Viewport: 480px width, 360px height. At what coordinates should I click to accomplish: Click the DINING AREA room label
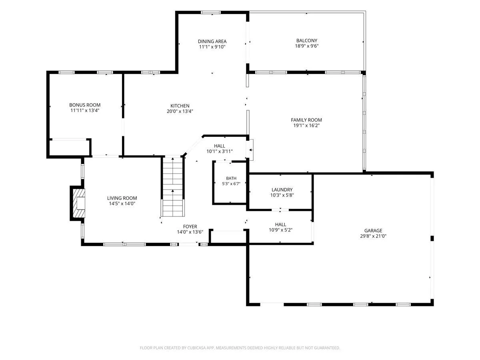[x=212, y=41]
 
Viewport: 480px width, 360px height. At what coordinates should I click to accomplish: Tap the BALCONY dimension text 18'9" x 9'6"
[x=306, y=46]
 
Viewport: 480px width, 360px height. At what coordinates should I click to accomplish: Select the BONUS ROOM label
[x=85, y=105]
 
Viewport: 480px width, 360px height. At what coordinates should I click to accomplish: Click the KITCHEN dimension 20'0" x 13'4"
[x=180, y=111]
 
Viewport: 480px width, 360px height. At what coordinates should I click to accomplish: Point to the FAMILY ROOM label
[x=306, y=120]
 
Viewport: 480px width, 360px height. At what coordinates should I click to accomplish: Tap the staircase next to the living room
[x=173, y=187]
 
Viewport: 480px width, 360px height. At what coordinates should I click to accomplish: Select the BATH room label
[x=231, y=178]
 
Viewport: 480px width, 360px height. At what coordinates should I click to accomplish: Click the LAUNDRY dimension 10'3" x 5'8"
[x=282, y=195]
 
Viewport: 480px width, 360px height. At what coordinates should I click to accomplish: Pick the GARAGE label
[x=373, y=231]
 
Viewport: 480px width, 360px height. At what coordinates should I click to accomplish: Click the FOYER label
[x=190, y=226]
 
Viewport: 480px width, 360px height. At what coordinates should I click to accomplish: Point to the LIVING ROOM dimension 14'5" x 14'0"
[x=122, y=204]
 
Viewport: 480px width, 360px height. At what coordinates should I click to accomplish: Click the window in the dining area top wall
[x=210, y=12]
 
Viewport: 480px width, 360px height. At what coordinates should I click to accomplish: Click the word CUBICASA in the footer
[x=196, y=348]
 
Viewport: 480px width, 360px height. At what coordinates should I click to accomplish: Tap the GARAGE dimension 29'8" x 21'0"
[x=373, y=236]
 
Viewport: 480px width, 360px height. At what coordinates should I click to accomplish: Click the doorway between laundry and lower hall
[x=280, y=210]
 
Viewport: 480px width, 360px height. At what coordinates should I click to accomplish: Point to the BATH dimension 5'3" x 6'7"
[x=231, y=184]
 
